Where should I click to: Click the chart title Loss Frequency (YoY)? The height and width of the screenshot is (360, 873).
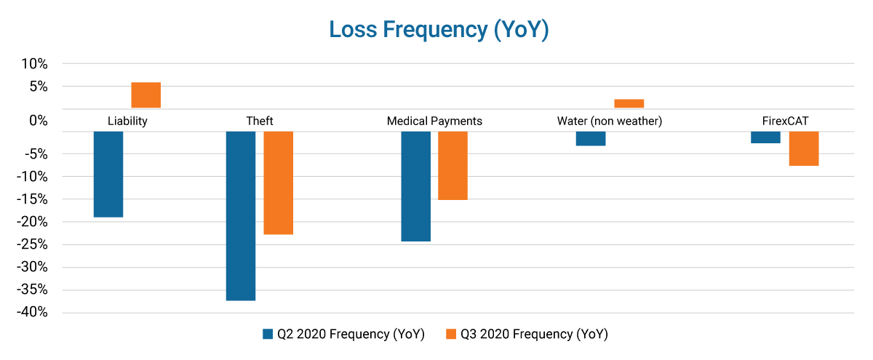pos(438,30)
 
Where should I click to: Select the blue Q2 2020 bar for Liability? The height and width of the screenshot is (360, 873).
pos(108,174)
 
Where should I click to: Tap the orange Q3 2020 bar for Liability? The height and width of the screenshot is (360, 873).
pos(146,95)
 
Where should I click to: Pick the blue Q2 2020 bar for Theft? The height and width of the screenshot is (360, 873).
pos(241,215)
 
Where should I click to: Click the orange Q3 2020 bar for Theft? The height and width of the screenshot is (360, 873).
pos(279,183)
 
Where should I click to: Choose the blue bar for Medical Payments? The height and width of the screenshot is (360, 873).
pos(416,186)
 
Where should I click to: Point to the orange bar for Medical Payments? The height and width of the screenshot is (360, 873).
pos(453,165)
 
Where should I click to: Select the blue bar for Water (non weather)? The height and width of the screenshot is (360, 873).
pos(591,138)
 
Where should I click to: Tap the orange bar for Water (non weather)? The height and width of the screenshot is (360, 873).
pos(629,103)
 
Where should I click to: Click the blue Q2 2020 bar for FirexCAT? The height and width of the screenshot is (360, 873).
pos(766,137)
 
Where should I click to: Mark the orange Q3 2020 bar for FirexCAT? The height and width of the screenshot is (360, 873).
pos(804,148)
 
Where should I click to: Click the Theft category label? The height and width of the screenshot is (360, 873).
pos(260,121)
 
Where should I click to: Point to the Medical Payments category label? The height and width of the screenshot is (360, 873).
pos(434,121)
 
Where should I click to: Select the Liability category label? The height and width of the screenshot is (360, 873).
pos(127,121)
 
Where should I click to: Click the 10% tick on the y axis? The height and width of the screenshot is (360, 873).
pos(33,64)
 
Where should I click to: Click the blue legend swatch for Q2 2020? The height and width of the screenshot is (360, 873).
pos(267,335)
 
